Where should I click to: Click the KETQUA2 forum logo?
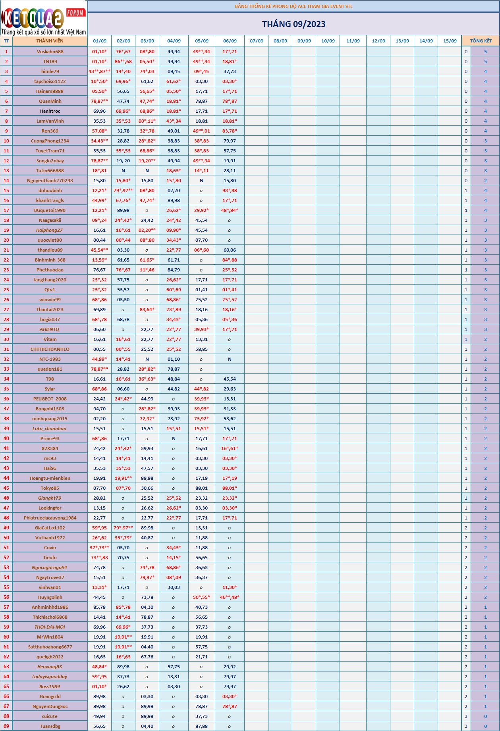(43, 18)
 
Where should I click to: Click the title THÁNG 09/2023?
(293, 24)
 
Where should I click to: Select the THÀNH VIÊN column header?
(50, 41)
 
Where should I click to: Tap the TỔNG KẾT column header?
(481, 41)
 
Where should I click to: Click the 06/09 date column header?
(230, 41)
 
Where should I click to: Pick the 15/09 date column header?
(450, 41)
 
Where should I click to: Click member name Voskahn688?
(50, 52)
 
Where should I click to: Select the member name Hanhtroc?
(50, 111)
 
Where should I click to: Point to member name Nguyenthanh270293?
(50, 181)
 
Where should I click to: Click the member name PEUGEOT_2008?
(50, 399)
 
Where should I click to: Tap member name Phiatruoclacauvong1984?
(50, 518)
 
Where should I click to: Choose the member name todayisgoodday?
(50, 677)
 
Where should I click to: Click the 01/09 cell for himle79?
(99, 71)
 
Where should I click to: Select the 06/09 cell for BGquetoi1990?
(230, 210)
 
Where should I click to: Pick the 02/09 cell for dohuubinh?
(123, 190)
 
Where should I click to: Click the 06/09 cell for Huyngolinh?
(230, 597)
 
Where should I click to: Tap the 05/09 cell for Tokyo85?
(201, 488)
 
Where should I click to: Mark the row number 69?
(6, 726)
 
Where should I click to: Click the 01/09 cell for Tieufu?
(99, 558)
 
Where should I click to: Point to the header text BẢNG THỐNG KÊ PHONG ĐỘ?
(293, 6)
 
